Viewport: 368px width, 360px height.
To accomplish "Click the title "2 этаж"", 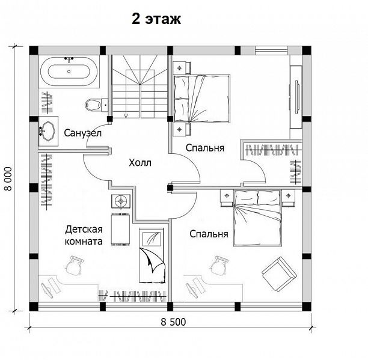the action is tap(156, 19).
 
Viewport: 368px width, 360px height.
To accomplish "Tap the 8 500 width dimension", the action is tap(173, 322).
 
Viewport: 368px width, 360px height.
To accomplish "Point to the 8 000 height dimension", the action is tap(8, 178).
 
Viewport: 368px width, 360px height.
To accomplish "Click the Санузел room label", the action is tap(83, 133).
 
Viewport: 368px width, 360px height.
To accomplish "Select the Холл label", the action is tap(140, 162).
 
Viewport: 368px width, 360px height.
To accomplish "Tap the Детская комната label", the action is tap(84, 235).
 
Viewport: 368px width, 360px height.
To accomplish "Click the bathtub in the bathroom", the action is tap(69, 72).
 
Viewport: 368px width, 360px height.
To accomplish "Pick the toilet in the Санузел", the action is tap(96, 105).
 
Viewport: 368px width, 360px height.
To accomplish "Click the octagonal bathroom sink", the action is tap(48, 131).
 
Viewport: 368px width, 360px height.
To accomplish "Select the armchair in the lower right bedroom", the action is tap(279, 274).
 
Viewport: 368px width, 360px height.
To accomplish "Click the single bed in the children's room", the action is tap(152, 255).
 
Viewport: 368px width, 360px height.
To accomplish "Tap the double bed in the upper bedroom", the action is tap(201, 99).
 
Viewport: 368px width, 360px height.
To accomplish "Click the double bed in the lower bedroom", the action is tap(257, 218).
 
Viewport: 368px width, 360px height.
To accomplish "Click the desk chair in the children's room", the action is tap(73, 265).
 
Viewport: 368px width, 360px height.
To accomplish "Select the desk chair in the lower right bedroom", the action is tap(218, 265).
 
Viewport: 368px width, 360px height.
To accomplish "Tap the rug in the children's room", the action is tap(120, 230).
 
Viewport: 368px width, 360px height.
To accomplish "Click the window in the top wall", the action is tap(271, 50).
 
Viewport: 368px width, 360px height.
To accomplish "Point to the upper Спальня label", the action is tap(205, 148).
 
